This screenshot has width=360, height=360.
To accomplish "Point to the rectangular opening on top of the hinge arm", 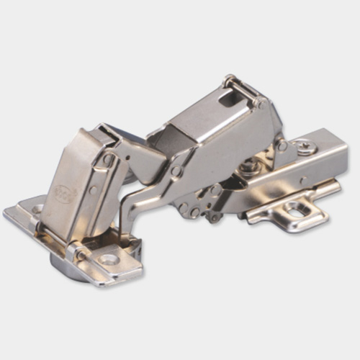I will tap(229, 97).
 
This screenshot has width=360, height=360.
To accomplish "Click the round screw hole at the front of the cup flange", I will tap(110, 258).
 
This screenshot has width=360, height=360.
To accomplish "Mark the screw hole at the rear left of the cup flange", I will tap(37, 209).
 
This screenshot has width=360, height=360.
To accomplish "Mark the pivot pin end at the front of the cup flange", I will tap(81, 254).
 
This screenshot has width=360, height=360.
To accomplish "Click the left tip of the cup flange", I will tap(9, 213).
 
